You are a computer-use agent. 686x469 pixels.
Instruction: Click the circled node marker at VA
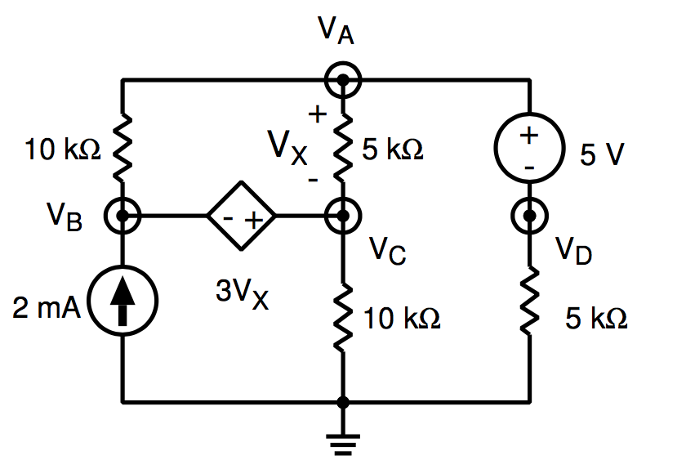click(x=343, y=80)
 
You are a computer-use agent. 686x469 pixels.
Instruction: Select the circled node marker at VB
click(x=122, y=217)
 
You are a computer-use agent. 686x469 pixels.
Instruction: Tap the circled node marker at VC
click(x=343, y=217)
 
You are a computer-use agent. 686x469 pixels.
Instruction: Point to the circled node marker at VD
click(x=530, y=217)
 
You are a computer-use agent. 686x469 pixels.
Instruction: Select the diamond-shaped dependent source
click(x=241, y=217)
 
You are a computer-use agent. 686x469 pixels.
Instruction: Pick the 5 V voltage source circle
click(x=530, y=147)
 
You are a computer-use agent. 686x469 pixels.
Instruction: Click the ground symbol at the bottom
click(x=343, y=441)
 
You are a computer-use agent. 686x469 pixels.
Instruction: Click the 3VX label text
click(x=242, y=295)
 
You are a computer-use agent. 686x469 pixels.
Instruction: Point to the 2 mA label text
click(x=47, y=308)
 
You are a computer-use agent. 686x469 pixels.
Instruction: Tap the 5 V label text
click(x=603, y=155)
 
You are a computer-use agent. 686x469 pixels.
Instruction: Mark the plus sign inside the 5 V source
click(x=530, y=136)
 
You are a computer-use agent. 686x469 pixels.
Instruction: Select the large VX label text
click(x=288, y=147)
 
